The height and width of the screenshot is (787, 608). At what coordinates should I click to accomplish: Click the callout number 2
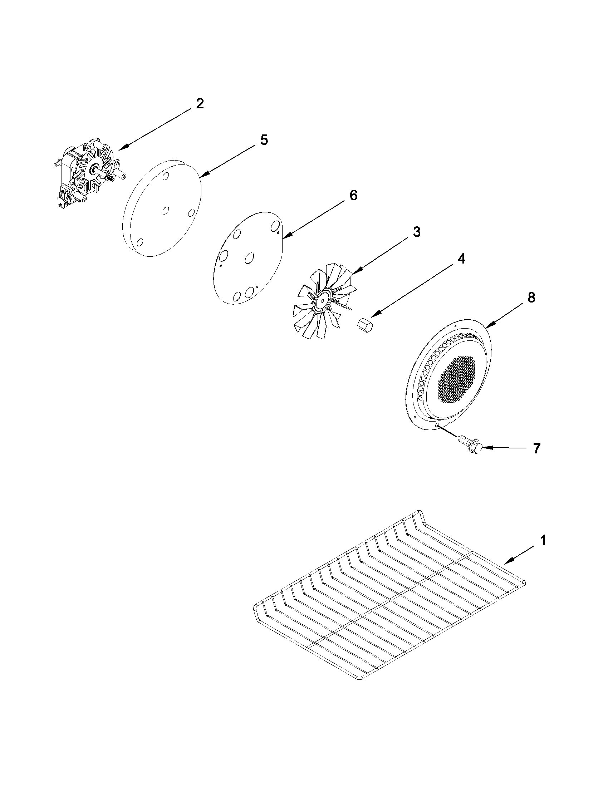click(200, 104)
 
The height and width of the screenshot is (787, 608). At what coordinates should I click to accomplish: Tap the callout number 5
click(264, 140)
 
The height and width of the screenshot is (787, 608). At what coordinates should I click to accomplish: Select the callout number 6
click(353, 195)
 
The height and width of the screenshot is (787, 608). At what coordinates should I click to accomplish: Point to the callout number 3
click(416, 232)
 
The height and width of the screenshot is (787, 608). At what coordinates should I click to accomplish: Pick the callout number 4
click(461, 259)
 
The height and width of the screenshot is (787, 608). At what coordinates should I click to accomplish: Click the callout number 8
click(531, 297)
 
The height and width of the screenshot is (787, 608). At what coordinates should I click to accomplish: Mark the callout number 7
click(536, 449)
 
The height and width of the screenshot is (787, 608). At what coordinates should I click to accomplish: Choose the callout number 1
click(543, 551)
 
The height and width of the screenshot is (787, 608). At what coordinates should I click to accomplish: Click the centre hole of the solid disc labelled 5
click(166, 210)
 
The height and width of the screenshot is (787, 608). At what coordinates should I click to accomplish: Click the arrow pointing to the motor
click(155, 130)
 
